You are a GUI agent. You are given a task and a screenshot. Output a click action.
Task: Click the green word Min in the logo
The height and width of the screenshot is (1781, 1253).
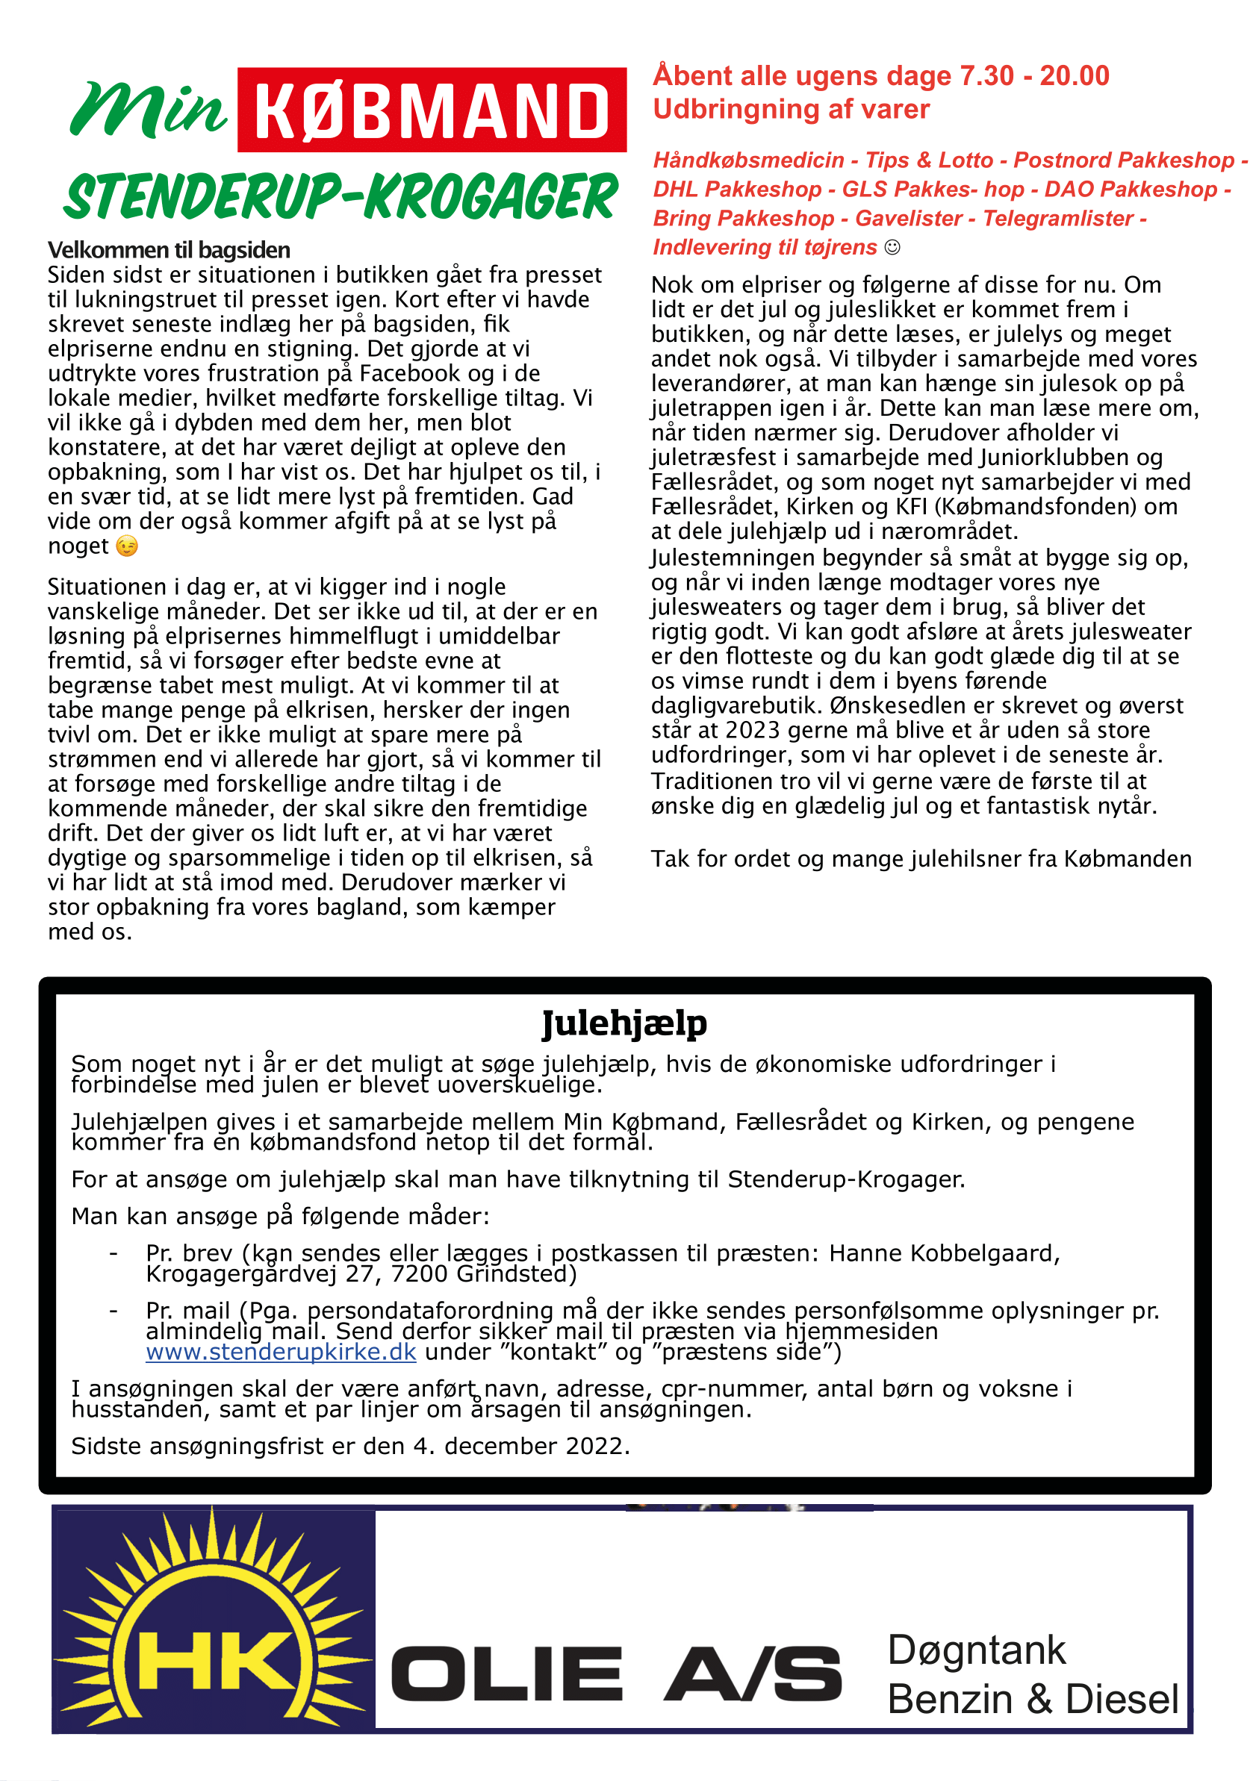tap(147, 110)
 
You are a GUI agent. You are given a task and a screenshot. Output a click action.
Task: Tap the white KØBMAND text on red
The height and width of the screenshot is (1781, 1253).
tap(432, 110)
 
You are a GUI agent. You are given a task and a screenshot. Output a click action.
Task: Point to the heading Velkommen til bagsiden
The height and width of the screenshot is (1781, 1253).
tap(170, 250)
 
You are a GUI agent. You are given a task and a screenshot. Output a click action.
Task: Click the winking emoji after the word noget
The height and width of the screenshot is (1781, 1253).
tap(126, 547)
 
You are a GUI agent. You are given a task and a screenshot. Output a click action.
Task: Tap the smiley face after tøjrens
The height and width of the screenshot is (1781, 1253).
tap(892, 248)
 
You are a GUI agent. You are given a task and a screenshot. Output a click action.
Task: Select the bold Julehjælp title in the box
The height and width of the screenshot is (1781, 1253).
tap(624, 1023)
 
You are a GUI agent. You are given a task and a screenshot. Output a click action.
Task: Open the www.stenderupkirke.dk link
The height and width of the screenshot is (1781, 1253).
tap(281, 1352)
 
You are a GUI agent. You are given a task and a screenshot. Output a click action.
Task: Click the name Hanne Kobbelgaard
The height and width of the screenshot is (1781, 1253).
tap(943, 1253)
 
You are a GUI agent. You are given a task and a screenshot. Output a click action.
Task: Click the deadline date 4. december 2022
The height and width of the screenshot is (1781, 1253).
tap(520, 1446)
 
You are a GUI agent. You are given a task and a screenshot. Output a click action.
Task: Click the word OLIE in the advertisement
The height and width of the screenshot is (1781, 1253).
tap(506, 1674)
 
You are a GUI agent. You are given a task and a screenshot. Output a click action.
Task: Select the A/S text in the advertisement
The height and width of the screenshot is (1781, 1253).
tap(753, 1674)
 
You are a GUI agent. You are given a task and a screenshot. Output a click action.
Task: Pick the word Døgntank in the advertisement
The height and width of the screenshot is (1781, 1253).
tap(976, 1650)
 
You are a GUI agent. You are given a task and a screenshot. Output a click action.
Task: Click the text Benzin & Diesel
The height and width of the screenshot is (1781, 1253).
tap(1033, 1700)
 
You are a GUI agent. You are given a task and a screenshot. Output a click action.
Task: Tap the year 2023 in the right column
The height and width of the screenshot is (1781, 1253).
tap(753, 730)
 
